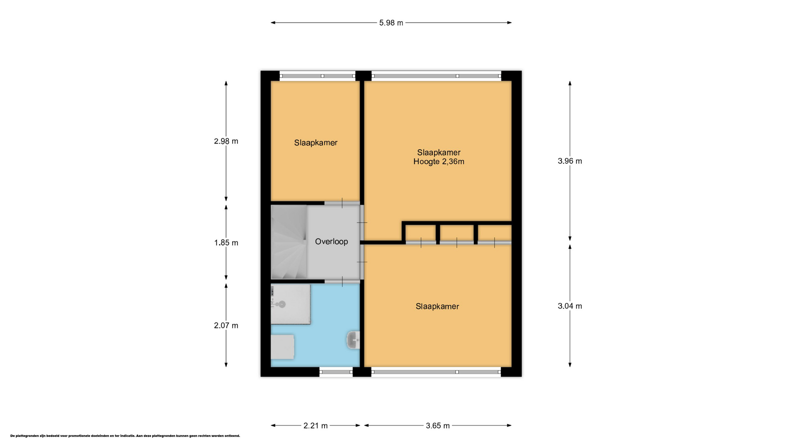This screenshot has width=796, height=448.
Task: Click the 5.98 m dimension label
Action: pyautogui.click(x=391, y=23)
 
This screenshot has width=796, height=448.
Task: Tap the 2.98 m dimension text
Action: pyautogui.click(x=226, y=141)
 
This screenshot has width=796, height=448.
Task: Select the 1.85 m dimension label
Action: pyautogui.click(x=226, y=243)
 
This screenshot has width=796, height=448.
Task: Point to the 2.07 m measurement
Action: pyautogui.click(x=226, y=326)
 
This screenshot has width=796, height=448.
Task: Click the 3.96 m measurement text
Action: pyautogui.click(x=570, y=161)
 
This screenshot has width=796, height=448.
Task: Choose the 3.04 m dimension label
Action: pyautogui.click(x=570, y=306)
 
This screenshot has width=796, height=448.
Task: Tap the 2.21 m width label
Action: pyautogui.click(x=315, y=426)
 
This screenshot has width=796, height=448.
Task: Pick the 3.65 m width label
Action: pyautogui.click(x=438, y=426)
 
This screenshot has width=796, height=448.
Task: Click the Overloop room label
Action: pyautogui.click(x=331, y=241)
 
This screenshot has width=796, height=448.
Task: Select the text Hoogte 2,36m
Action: pyautogui.click(x=439, y=162)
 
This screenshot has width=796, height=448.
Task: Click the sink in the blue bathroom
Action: pyautogui.click(x=353, y=340)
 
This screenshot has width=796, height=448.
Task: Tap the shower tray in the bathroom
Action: pyautogui.click(x=291, y=304)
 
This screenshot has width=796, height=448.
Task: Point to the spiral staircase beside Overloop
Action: pyautogui.click(x=289, y=242)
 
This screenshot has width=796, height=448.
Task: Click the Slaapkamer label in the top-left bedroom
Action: pyautogui.click(x=316, y=143)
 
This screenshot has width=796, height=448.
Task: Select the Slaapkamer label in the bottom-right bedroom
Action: pyautogui.click(x=437, y=307)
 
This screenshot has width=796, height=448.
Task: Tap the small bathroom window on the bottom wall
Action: pyautogui.click(x=336, y=372)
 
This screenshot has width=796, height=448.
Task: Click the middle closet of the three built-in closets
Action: pyautogui.click(x=456, y=234)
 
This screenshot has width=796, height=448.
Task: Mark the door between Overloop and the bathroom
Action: pyautogui.click(x=342, y=282)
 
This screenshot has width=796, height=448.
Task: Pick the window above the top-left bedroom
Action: pyautogui.click(x=318, y=76)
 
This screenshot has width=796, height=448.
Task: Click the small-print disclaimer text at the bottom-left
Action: pyautogui.click(x=125, y=436)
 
